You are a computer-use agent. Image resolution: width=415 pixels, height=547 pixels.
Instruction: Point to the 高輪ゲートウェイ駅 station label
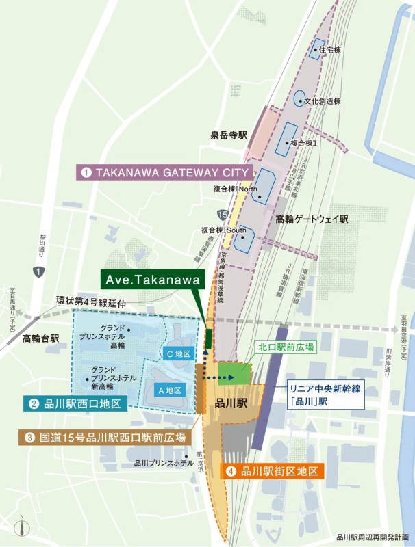[312, 219]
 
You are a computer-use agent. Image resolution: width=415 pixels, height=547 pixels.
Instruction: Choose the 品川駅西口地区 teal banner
[75, 404]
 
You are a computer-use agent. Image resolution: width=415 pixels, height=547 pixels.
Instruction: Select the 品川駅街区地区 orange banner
[272, 471]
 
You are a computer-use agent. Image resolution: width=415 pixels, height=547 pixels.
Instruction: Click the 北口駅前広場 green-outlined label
[286, 347]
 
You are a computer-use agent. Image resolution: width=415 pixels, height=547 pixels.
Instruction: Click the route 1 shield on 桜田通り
[39, 272]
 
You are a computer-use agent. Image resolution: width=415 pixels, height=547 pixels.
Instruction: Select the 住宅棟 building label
[330, 49]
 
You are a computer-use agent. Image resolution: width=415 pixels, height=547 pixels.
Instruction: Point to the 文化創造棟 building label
[322, 101]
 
